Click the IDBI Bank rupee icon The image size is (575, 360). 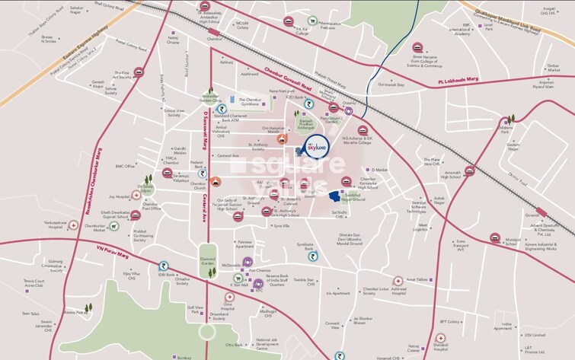[x=163, y=267]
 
